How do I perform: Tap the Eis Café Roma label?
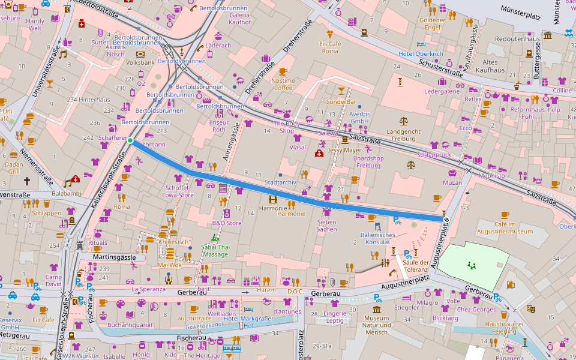329,47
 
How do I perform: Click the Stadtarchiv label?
280,182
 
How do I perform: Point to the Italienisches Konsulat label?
377,238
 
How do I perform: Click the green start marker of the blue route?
130,140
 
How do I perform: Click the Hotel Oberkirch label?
421,54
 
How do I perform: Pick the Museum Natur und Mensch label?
376,325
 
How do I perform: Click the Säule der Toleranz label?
415,266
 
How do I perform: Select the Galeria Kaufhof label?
239,18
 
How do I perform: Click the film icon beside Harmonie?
273,199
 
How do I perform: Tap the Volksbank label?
140,62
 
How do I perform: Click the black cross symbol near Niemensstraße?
26,180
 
